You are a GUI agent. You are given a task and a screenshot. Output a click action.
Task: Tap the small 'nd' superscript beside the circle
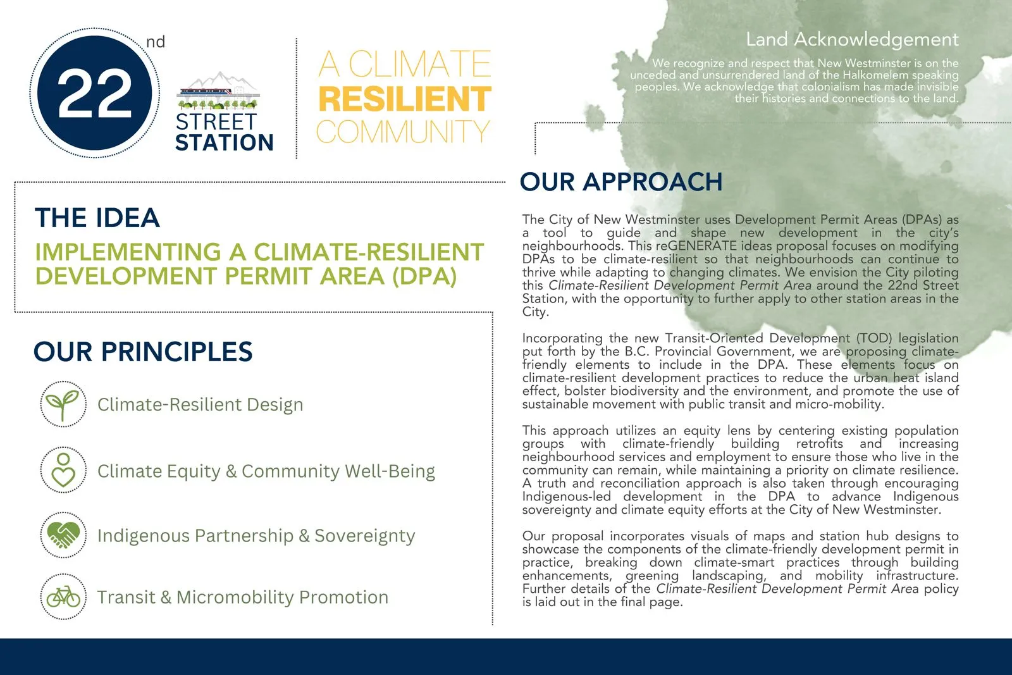(155, 42)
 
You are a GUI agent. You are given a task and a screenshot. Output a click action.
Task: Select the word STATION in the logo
(224, 143)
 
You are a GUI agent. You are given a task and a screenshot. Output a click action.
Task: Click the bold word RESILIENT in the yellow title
(404, 99)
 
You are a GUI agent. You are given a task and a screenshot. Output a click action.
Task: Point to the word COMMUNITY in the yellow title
(403, 132)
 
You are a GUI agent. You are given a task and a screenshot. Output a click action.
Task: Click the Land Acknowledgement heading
(852, 39)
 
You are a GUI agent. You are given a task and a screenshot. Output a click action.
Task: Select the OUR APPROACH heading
(620, 182)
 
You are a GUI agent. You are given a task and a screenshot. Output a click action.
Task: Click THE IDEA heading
(97, 218)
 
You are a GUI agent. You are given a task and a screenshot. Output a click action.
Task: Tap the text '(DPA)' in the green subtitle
(424, 276)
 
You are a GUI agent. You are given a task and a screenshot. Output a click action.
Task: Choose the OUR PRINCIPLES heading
(143, 352)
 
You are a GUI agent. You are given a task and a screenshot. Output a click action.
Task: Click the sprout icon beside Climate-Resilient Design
(63, 404)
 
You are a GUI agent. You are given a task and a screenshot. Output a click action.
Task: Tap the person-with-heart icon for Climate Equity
(63, 470)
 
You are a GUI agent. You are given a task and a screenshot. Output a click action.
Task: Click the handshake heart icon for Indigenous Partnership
(63, 535)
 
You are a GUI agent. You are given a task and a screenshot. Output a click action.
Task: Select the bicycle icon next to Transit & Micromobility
(63, 597)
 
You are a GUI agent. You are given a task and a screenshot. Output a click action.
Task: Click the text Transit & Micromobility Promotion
(242, 597)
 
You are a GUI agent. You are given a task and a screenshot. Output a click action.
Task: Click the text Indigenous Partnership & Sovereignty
(256, 536)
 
